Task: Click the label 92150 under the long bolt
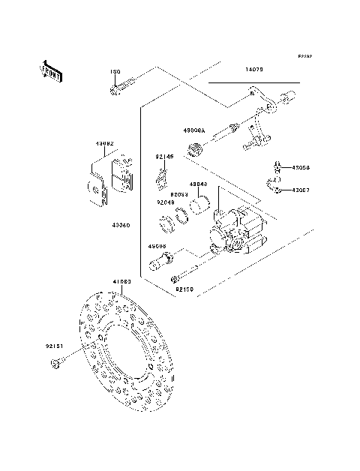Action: tap(184, 289)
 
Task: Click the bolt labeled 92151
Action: tap(57, 364)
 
